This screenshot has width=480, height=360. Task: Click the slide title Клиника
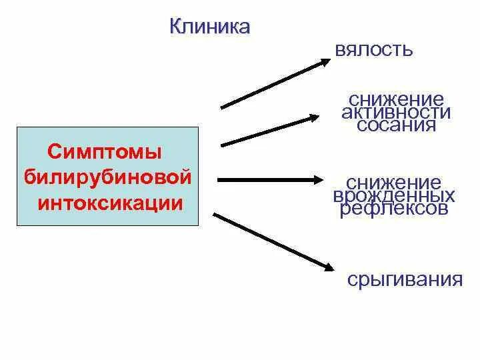click(x=210, y=27)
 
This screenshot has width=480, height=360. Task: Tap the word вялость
click(x=374, y=50)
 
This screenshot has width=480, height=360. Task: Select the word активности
click(x=396, y=112)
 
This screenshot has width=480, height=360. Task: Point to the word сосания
click(x=396, y=125)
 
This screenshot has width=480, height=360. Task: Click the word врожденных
click(x=394, y=196)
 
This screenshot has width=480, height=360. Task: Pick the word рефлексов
click(x=394, y=209)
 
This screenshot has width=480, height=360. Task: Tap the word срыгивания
click(x=405, y=279)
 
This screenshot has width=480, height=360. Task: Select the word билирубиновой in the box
click(x=107, y=178)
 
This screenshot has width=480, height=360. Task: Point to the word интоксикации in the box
click(x=110, y=203)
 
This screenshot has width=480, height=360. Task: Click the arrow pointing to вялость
click(x=273, y=83)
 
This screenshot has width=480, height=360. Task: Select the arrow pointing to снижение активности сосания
click(x=269, y=131)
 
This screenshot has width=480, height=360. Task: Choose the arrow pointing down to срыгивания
click(x=273, y=241)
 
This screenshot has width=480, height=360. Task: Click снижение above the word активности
click(x=395, y=99)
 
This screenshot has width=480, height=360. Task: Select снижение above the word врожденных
click(x=394, y=183)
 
